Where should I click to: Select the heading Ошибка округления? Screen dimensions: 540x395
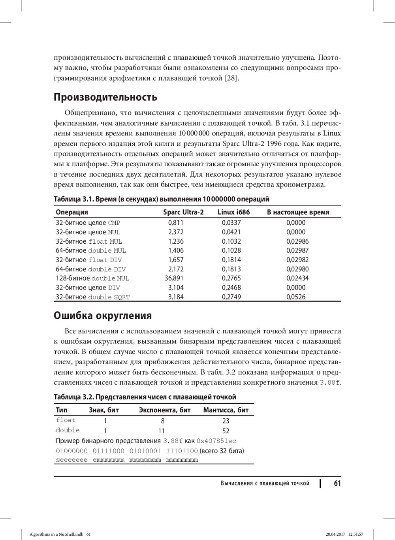(x=103, y=316)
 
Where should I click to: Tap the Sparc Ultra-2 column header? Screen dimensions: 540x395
(x=183, y=212)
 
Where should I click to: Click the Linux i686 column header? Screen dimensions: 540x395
(x=234, y=212)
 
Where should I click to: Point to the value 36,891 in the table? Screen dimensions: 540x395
(x=174, y=278)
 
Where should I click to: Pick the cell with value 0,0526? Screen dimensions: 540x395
(x=296, y=297)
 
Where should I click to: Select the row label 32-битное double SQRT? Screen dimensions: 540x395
(x=93, y=297)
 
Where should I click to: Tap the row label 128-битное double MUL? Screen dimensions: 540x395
(x=92, y=278)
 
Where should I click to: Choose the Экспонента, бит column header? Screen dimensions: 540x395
(x=165, y=410)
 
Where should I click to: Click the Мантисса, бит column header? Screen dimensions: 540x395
(x=226, y=410)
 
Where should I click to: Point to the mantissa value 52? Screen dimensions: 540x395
(x=226, y=431)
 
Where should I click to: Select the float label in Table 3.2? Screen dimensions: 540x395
(x=66, y=420)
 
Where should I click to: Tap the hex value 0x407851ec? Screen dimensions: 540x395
(x=216, y=441)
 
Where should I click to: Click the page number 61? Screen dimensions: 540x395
(x=337, y=483)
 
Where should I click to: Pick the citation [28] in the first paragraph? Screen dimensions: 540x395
(x=231, y=78)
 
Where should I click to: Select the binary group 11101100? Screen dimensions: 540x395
(x=182, y=451)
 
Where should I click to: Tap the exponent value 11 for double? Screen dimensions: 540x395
(x=161, y=431)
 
